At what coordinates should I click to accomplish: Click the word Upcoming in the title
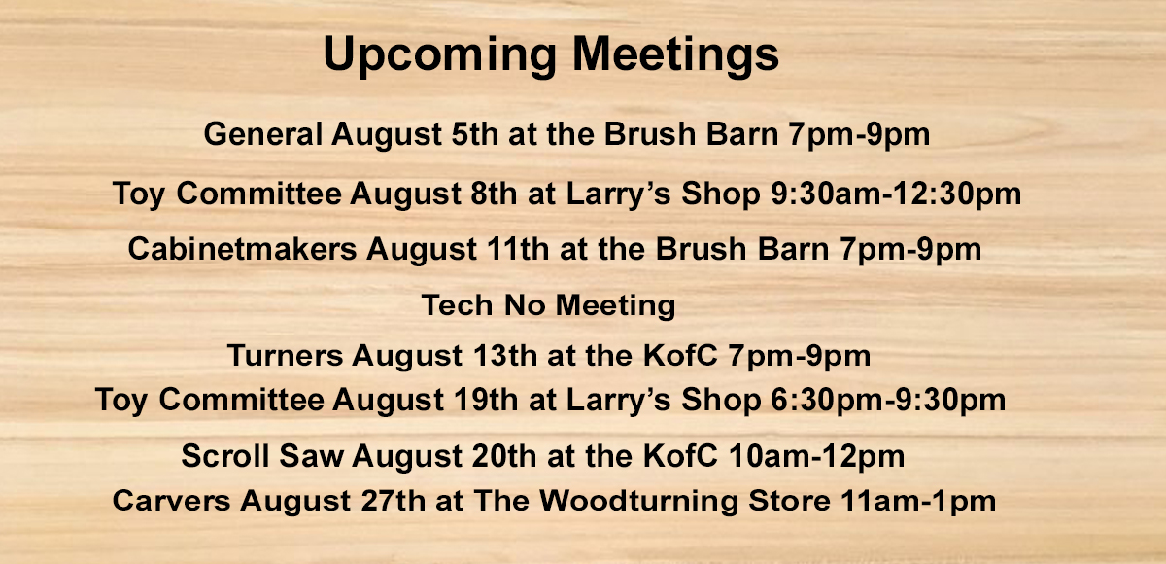(440, 55)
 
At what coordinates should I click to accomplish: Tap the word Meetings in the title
(675, 55)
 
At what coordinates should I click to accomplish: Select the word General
(263, 134)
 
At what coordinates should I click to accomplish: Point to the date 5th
(475, 134)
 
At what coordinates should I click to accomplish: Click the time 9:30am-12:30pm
(895, 194)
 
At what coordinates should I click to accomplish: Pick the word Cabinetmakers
(243, 248)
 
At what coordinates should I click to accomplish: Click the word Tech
(458, 304)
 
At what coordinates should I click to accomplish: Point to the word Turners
(286, 356)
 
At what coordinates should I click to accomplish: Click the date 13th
(505, 356)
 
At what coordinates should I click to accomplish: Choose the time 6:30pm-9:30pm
(888, 400)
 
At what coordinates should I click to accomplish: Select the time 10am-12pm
(816, 456)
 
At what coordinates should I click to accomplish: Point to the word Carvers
(171, 501)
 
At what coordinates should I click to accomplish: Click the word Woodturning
(639, 501)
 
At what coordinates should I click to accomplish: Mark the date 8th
(494, 194)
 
